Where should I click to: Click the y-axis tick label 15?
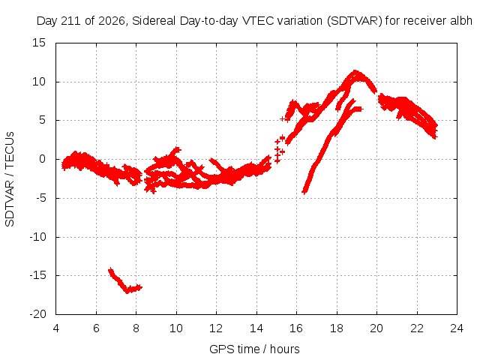click(38, 43)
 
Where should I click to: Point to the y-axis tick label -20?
click(37, 314)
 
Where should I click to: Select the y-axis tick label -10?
click(37, 237)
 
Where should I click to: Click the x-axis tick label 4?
click(56, 328)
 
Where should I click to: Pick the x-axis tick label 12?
click(216, 328)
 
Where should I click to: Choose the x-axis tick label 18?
click(337, 328)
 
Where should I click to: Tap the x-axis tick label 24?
click(457, 328)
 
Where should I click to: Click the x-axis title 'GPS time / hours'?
click(254, 349)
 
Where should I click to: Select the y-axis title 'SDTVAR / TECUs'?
click(10, 179)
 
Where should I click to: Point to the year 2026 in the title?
click(112, 21)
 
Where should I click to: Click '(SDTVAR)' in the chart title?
click(355, 21)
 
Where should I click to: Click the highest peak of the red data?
click(355, 72)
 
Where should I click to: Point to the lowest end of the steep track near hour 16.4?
click(304, 192)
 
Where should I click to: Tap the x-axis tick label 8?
click(136, 328)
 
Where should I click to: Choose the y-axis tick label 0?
click(42, 159)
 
